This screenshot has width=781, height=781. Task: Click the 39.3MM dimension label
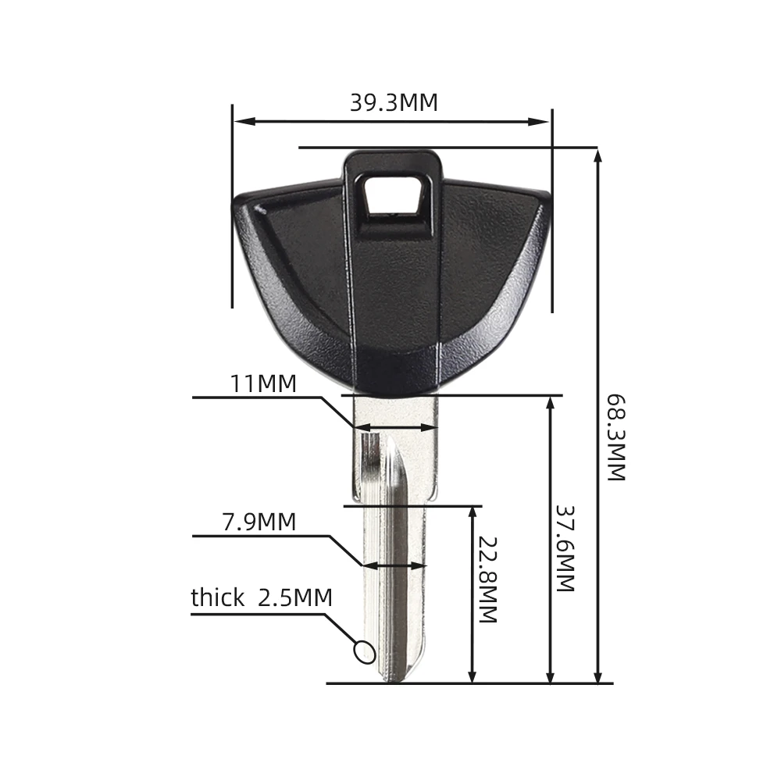point(394,102)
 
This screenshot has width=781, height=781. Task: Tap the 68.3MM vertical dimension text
point(615,438)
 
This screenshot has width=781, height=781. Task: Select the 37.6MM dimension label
point(565,548)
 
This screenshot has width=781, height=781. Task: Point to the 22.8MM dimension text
point(488,580)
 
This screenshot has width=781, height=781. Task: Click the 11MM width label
point(263,384)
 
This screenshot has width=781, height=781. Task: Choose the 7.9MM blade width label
point(259,522)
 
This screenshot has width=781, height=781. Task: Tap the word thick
point(218,597)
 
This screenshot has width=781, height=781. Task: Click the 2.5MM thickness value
point(295,597)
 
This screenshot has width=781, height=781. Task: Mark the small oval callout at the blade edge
point(364,651)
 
